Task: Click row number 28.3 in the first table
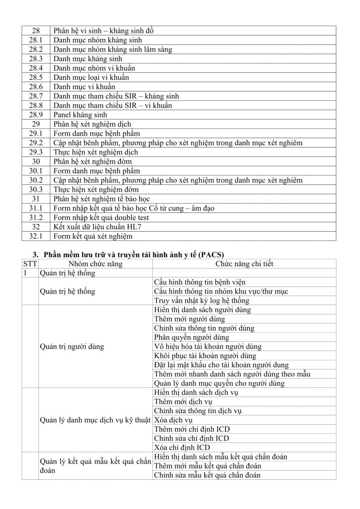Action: coord(36,59)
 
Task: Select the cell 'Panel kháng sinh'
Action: coord(80,115)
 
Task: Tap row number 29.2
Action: coord(36,143)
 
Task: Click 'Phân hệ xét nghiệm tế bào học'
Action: coord(101,199)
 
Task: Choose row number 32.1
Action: coord(36,236)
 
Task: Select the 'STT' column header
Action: coord(31,264)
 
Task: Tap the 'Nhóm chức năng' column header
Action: coord(95,264)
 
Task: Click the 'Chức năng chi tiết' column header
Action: coord(244,264)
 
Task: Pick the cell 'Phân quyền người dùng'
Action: coord(191,337)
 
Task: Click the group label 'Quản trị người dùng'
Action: coord(72,347)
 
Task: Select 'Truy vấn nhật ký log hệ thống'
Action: coord(202,300)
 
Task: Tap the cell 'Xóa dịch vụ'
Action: coord(173,420)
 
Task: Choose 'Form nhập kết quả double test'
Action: coord(101,217)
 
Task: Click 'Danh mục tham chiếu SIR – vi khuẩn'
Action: coord(112,105)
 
